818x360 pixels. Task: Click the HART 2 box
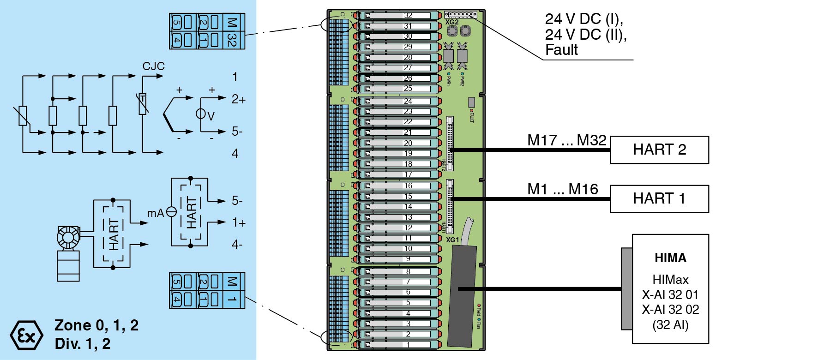659,150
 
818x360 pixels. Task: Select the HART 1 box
659,199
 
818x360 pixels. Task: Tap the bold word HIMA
670,258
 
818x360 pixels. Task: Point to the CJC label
153,66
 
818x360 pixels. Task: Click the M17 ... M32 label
566,140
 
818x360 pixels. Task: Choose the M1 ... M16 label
562,189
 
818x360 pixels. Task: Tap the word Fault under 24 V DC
561,50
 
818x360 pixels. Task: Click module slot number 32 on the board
408,15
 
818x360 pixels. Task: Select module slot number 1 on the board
408,344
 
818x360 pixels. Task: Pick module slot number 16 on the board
408,186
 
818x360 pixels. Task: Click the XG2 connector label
452,22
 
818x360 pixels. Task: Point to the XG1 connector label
452,240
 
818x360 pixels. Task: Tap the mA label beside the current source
155,213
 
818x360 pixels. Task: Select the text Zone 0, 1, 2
96,325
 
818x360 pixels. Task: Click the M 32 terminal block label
232,31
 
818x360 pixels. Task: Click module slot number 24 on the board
408,101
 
